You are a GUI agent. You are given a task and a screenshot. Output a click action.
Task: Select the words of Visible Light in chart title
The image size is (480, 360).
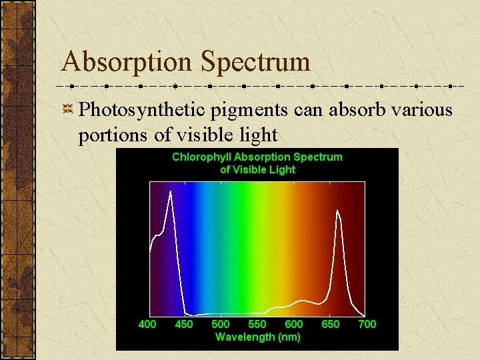pos(257,169)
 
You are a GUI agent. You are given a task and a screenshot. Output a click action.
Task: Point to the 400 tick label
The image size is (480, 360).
pos(147,324)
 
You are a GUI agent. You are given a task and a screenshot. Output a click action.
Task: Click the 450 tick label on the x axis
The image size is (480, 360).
pos(183,324)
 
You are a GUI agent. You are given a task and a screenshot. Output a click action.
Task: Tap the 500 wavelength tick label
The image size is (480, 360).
pos(220,324)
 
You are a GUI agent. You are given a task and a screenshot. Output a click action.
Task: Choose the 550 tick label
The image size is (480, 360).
pos(257,324)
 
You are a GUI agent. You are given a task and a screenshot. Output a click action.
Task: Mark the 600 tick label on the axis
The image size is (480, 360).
pos(293,324)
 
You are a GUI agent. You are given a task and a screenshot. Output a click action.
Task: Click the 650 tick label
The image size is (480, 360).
pos(330,324)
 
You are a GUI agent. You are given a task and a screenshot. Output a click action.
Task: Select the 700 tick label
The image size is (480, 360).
pos(367,324)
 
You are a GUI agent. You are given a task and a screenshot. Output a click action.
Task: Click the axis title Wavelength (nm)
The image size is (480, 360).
pos(257,337)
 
